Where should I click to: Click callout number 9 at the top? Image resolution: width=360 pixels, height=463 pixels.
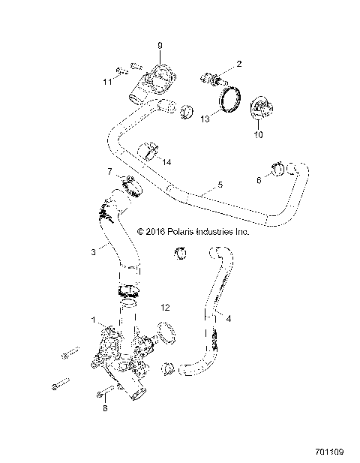(160, 47)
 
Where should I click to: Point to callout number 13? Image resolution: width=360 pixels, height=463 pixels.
(204, 117)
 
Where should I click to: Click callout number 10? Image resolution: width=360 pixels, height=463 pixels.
(259, 136)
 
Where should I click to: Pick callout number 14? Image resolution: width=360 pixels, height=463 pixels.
(167, 162)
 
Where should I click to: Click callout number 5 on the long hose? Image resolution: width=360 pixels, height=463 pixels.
(220, 183)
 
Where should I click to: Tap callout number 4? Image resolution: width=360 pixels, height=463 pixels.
(228, 318)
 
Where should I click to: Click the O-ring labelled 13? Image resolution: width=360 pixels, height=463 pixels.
(229, 101)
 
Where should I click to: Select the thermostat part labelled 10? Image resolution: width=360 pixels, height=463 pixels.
(260, 109)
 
